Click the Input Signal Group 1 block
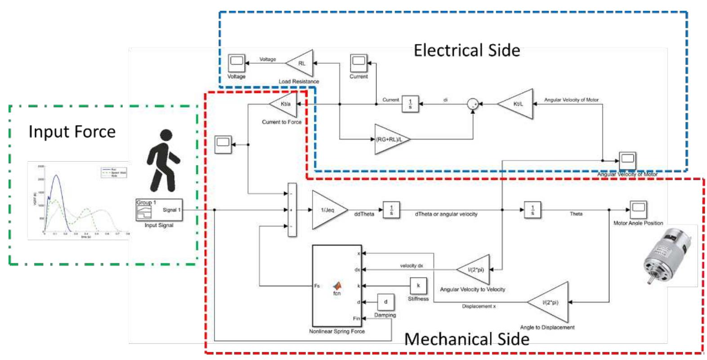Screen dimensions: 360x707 pos(159,210)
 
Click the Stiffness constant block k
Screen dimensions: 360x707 pos(418,285)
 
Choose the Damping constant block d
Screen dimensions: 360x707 pos(385,302)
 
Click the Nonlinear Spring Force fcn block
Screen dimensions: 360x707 pos(336,286)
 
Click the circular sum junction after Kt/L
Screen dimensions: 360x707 pos(472,104)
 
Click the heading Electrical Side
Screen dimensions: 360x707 pos(466,50)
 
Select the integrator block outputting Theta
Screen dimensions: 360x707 pos(532,210)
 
